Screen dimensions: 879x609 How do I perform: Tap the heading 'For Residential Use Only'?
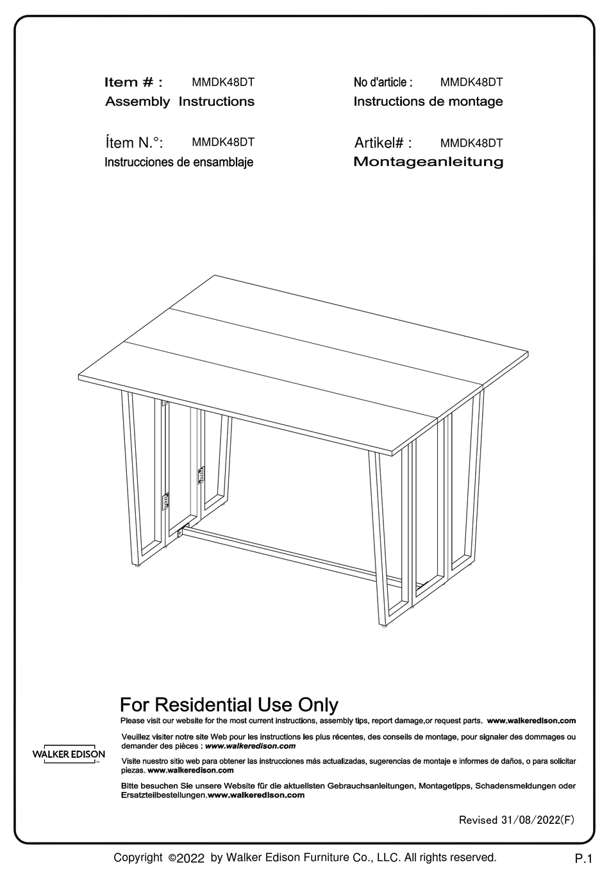pos(229,705)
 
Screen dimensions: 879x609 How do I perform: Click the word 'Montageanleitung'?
pos(428,162)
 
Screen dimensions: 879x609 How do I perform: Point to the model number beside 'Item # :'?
pos(223,82)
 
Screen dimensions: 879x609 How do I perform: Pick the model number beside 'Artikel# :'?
pos(471,143)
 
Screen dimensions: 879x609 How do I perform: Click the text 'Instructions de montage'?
pos(428,101)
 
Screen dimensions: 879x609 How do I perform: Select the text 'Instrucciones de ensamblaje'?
pos(179,162)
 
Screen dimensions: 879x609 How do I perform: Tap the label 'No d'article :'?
pos(383,82)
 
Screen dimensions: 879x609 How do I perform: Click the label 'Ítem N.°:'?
pos(133,142)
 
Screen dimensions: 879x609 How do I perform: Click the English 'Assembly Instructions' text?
pos(179,101)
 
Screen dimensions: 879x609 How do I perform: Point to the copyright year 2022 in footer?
pos(190,858)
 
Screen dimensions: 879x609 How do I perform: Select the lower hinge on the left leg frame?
pos(165,501)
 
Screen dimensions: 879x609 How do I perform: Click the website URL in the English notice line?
pos(531,721)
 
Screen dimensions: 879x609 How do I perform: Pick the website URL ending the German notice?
pos(256,795)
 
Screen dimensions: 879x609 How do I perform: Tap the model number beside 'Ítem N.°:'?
pos(223,142)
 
